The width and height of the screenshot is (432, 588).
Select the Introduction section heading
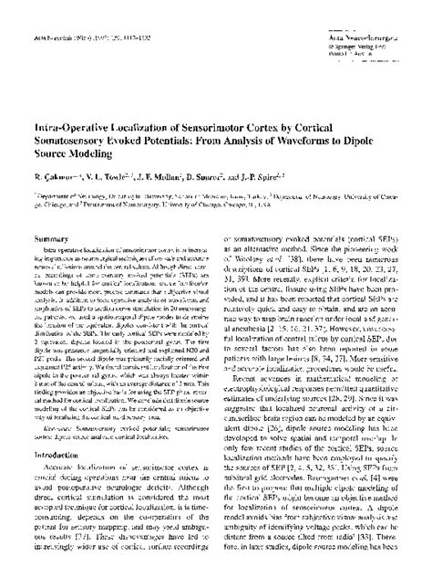point(51,453)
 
